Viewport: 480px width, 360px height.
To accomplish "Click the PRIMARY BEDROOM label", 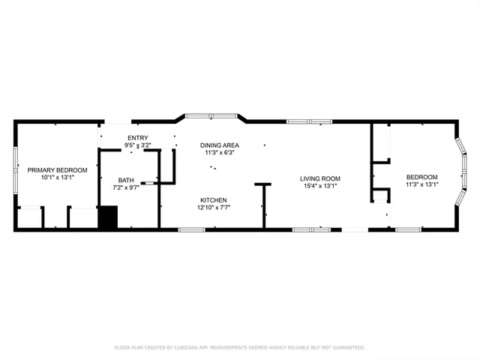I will point(58,170).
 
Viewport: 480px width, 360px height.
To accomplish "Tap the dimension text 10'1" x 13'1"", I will point(58,178).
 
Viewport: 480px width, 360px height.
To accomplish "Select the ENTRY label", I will point(137,137).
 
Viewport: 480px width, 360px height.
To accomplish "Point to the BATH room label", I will point(126,180).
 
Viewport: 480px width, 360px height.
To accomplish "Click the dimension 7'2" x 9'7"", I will point(126,187).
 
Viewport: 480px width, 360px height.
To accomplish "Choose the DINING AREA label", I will point(220,145).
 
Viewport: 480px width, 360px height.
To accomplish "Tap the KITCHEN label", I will point(213,199).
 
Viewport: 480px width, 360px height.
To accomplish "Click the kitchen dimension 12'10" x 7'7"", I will point(213,207).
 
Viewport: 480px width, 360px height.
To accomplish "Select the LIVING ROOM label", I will point(320,178).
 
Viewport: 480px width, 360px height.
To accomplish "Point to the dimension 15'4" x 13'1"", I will point(320,186).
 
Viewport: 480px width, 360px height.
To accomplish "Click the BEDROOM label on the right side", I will point(421,177).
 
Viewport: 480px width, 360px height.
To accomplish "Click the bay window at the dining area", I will point(211,116).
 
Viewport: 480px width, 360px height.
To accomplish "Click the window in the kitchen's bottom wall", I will point(191,229).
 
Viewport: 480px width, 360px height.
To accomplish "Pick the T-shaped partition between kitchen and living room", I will point(263,202).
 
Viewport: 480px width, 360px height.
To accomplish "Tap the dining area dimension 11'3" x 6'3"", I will point(220,152).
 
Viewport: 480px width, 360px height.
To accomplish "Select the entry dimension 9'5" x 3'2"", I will point(137,145).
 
